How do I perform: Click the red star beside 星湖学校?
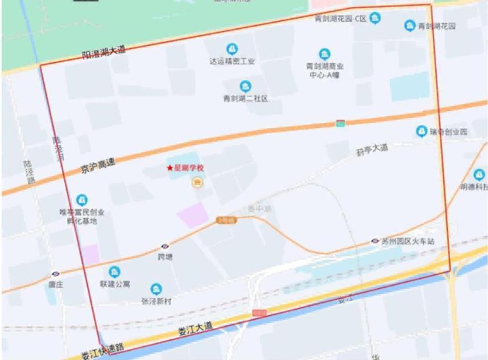[x=169, y=169]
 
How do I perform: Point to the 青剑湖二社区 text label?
[x=245, y=99]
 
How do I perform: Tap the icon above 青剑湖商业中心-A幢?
[x=324, y=54]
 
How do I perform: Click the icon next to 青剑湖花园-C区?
[x=375, y=19]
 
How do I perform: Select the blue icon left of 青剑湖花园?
[x=409, y=26]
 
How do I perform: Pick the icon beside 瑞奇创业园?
[x=421, y=132]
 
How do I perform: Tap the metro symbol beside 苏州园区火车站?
[x=375, y=241]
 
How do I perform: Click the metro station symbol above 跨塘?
[x=165, y=247]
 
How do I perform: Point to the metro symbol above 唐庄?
[x=55, y=274]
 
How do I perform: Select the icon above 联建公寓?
[x=115, y=272]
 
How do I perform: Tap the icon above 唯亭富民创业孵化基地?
[x=82, y=201]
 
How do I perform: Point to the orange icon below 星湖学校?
[x=197, y=182]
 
